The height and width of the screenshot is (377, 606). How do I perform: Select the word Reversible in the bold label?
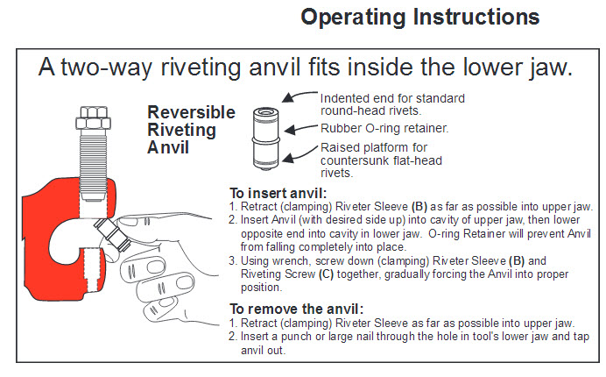(x=191, y=112)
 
